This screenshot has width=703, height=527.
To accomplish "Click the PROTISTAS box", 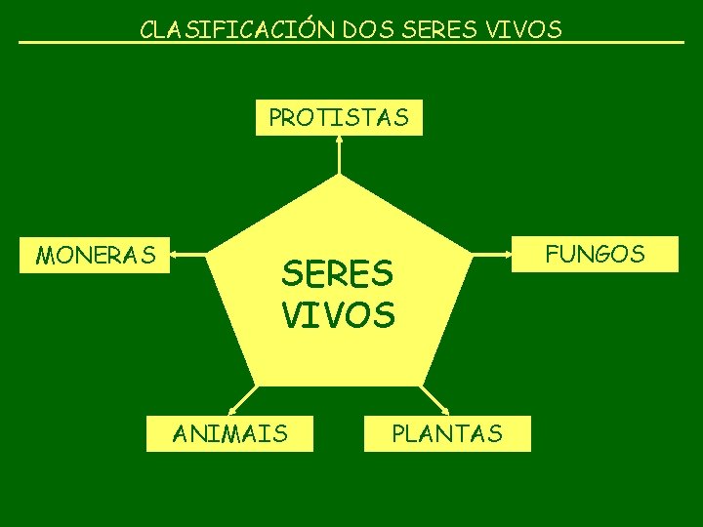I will click(339, 118).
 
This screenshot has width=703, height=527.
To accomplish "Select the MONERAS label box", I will click(96, 256).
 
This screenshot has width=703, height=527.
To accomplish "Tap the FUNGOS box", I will click(595, 254).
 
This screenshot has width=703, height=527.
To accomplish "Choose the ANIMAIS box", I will click(230, 432).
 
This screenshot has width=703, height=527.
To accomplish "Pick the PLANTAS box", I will click(447, 433).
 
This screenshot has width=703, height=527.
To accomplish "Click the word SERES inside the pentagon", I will click(337, 274).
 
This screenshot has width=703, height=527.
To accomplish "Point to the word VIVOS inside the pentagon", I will click(338, 315).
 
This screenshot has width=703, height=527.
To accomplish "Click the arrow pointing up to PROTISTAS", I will click(339, 154).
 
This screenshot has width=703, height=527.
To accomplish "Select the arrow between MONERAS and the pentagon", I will click(189, 257).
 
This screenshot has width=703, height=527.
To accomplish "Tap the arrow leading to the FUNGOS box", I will click(494, 255).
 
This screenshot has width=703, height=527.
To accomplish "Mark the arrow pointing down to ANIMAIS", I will click(239, 400).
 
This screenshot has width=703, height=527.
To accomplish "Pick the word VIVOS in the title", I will click(528, 30).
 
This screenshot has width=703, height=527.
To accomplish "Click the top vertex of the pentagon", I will click(339, 177).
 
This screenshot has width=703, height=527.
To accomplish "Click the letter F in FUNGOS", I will click(552, 254).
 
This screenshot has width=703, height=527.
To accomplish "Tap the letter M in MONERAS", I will click(43, 256).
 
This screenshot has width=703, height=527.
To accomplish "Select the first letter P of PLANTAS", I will click(397, 433).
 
